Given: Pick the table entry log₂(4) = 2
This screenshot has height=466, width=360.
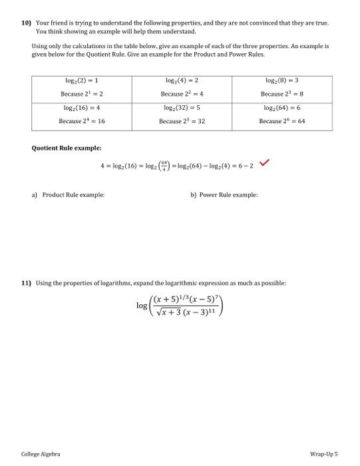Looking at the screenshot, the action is pyautogui.click(x=181, y=81).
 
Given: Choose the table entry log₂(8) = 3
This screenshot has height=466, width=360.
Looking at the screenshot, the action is pyautogui.click(x=282, y=81).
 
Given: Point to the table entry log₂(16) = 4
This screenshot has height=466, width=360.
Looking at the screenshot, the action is pyautogui.click(x=81, y=107).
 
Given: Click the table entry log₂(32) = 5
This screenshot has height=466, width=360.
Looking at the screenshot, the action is pyautogui.click(x=181, y=107).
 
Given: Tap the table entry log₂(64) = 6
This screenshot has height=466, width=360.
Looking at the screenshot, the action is pyautogui.click(x=282, y=107).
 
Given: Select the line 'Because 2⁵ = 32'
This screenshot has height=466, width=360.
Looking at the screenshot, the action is pyautogui.click(x=181, y=121).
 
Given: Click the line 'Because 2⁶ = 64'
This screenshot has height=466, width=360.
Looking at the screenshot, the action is pyautogui.click(x=282, y=121).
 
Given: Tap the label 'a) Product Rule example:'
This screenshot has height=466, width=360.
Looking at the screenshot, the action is pyautogui.click(x=68, y=195).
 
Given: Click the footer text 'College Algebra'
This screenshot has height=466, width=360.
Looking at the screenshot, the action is pyautogui.click(x=41, y=454).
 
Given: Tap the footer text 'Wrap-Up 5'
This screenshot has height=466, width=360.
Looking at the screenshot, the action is pyautogui.click(x=324, y=454).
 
